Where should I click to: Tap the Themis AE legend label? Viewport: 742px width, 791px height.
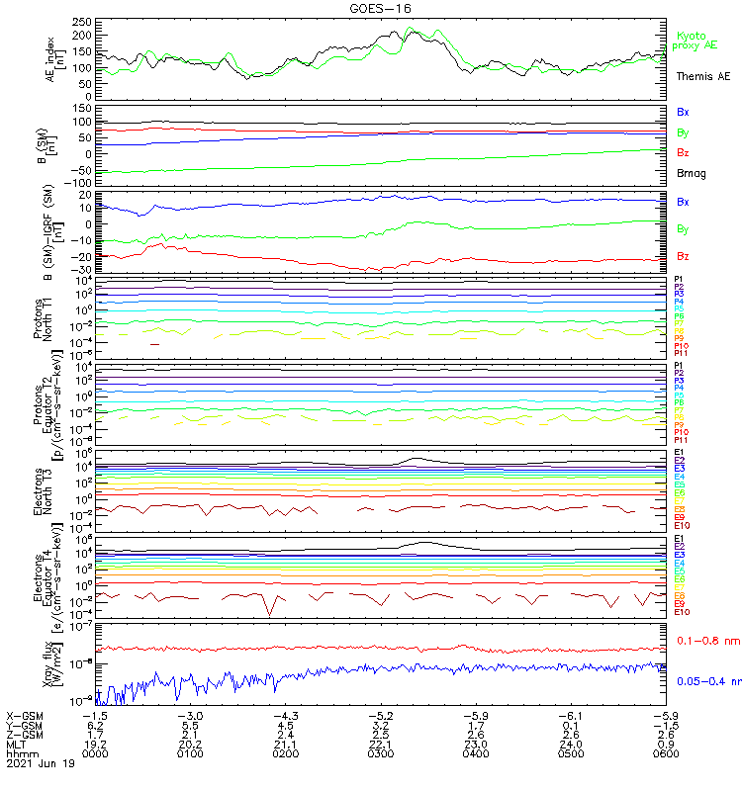tap(703, 76)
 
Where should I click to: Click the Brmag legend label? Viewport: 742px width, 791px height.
tap(691, 173)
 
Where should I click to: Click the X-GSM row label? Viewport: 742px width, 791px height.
tap(24, 715)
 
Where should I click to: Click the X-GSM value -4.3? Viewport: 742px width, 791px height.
tap(285, 715)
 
